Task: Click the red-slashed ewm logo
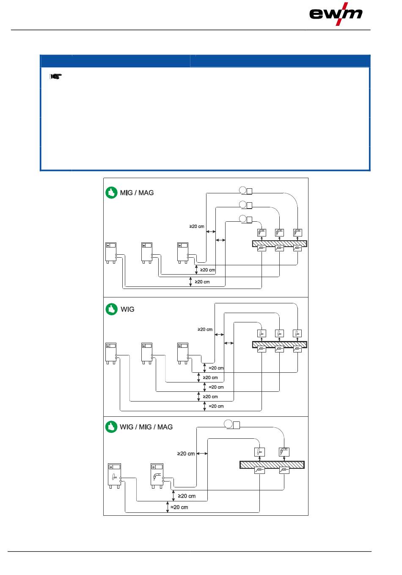tap(336, 14)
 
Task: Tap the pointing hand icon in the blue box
tap(56, 77)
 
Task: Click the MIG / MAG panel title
tap(137, 193)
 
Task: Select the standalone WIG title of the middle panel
tap(127, 309)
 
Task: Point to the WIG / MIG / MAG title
tap(146, 427)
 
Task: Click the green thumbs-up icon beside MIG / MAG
tap(111, 193)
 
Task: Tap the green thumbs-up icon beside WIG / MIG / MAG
tap(111, 426)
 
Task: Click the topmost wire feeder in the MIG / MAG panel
tap(246, 191)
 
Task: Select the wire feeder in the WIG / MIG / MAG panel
tap(232, 424)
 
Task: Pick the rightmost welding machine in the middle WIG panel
tap(183, 353)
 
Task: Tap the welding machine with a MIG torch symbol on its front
tap(157, 476)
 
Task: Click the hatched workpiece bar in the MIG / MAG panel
tap(280, 244)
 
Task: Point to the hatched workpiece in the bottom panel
tap(272, 465)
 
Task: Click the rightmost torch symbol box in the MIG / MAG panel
tap(297, 233)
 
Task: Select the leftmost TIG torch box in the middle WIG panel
tap(262, 333)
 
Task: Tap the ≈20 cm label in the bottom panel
tap(179, 507)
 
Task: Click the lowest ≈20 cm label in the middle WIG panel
tap(216, 406)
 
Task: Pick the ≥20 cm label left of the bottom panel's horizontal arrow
tap(186, 454)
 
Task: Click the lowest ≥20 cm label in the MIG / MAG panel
tap(202, 282)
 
